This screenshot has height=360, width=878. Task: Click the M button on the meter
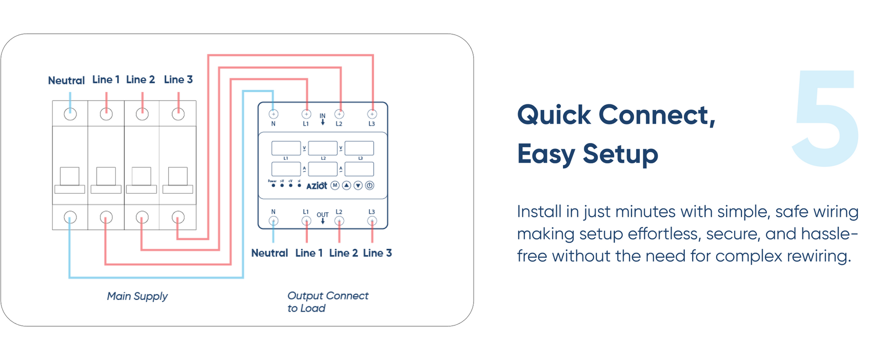335,185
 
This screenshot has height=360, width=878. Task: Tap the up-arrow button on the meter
346,185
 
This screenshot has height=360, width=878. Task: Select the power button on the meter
370,185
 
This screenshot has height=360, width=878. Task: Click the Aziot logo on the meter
317,186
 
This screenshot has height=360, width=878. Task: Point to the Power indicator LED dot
273,185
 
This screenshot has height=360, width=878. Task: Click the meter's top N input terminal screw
274,114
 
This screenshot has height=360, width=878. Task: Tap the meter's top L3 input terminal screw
372,114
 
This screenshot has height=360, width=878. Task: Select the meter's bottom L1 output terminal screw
306,221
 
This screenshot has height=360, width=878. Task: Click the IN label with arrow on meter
322,119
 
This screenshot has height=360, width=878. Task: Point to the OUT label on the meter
322,215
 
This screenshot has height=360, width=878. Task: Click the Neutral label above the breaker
66,80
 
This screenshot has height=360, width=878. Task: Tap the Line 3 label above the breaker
178,80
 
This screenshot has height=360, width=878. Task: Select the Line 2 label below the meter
343,253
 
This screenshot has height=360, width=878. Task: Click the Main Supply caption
137,296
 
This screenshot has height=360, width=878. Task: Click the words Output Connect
328,296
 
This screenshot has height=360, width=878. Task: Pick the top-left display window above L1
286,148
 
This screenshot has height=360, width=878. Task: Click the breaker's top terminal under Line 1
106,114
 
